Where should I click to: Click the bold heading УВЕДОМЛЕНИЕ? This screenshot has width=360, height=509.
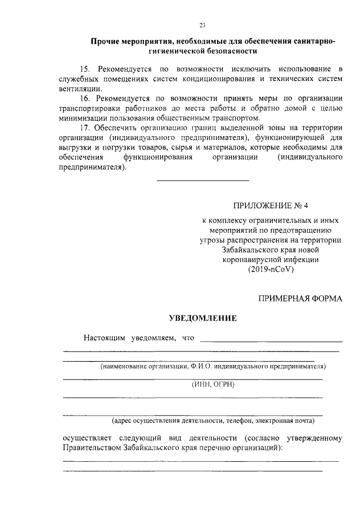click(203, 318)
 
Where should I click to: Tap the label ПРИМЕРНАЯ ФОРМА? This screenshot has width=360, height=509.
click(299, 298)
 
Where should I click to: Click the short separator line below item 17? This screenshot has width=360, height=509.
click(202, 181)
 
